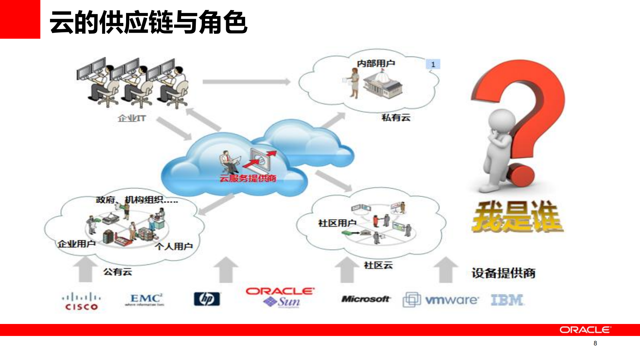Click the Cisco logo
81,301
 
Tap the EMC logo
145,299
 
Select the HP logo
207,299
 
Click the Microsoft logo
366,299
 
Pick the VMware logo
441,300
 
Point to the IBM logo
507,300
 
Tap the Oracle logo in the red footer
585,330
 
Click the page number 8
595,343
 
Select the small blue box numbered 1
433,64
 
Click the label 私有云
396,117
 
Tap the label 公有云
118,272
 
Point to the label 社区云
378,265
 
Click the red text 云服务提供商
248,178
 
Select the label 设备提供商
503,273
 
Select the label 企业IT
132,118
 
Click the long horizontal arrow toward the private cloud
246,82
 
